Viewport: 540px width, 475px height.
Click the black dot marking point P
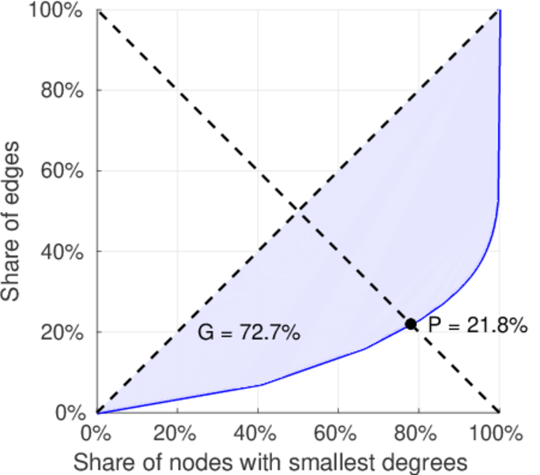point(411,324)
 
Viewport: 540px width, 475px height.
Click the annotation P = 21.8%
point(478,325)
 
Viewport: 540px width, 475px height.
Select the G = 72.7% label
point(248,333)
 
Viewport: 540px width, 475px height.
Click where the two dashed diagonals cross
point(298,211)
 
